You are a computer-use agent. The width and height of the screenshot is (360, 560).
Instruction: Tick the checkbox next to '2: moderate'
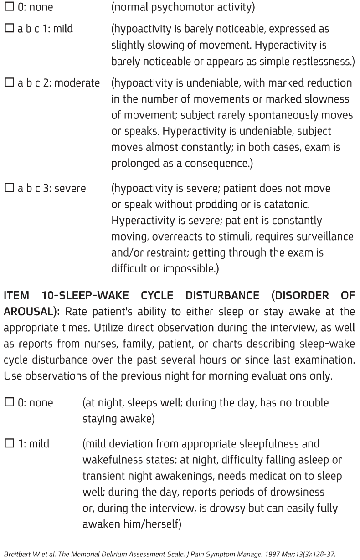[9, 83]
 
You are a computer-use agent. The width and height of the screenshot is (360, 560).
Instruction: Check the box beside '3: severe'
[9, 188]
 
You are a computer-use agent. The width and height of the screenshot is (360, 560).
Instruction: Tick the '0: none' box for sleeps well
[9, 403]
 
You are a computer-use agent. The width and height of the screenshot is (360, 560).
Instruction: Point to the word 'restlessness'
[322, 61]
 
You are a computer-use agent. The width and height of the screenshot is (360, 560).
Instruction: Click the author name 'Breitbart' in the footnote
[17, 555]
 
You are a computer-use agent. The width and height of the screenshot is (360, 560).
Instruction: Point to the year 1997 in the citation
[269, 555]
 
